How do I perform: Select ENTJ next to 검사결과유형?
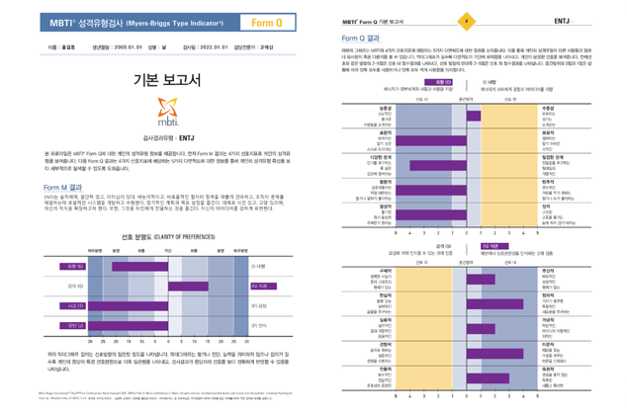click(184, 139)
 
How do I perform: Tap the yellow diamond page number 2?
click(467, 20)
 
